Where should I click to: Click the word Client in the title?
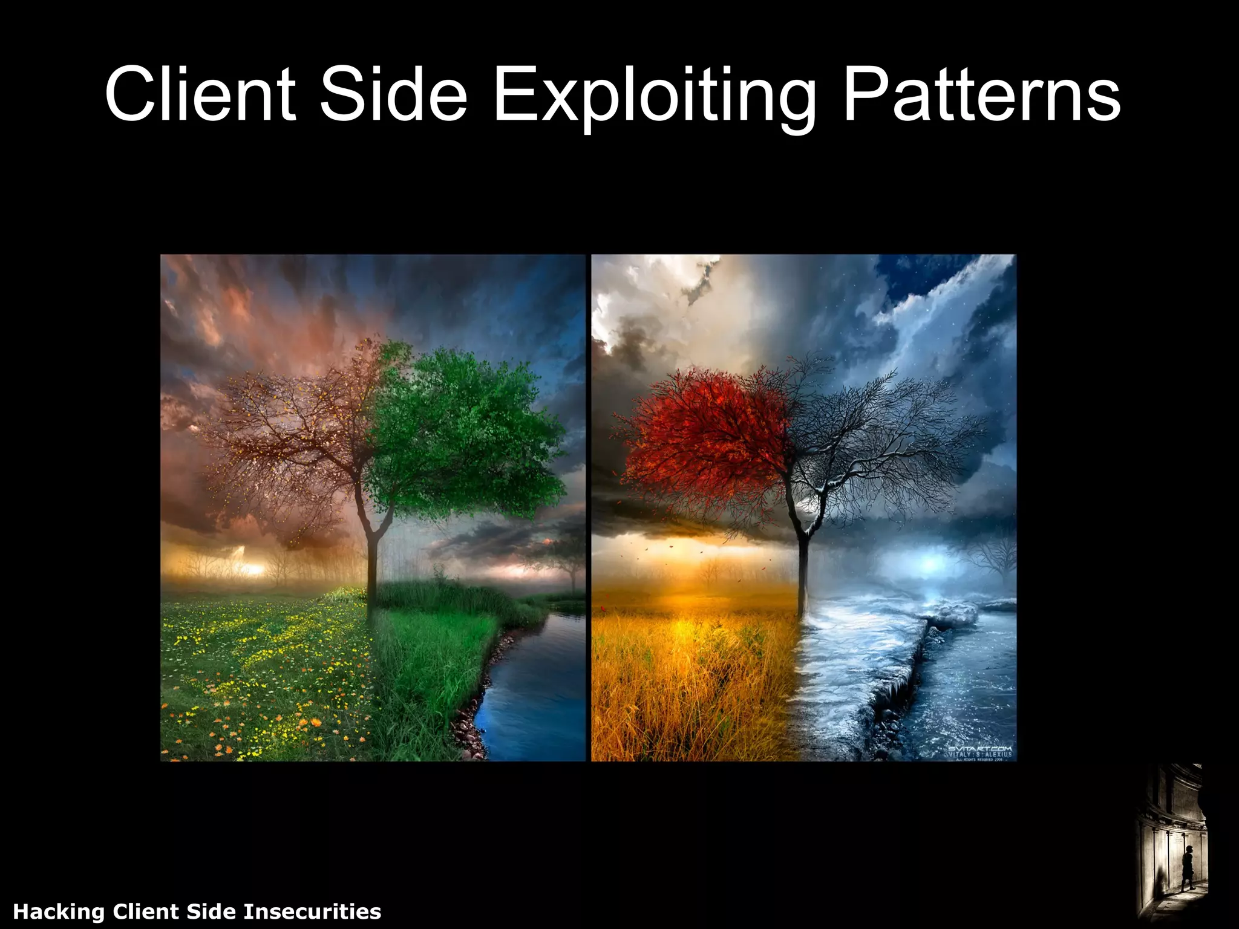pyautogui.click(x=200, y=96)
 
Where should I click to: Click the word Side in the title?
pyautogui.click(x=394, y=96)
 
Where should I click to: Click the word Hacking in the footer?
pyautogui.click(x=59, y=911)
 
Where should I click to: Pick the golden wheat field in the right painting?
pyautogui.click(x=690, y=683)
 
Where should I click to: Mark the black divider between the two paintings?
pyautogui.click(x=589, y=508)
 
